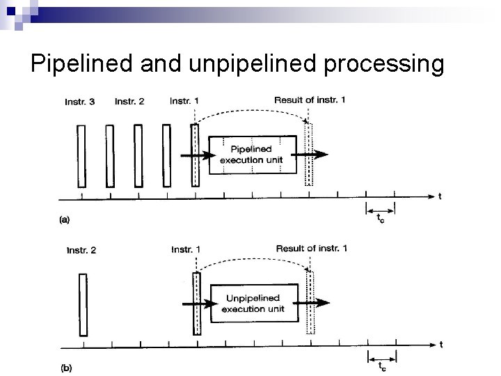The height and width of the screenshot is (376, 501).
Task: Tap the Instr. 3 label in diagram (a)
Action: [79, 102]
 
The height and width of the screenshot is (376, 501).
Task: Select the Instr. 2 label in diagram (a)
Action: [129, 102]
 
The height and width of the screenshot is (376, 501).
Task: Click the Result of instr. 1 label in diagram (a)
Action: [310, 100]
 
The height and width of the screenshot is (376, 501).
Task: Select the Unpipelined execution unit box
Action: [255, 304]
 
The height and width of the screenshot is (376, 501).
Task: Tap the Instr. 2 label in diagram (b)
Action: [81, 250]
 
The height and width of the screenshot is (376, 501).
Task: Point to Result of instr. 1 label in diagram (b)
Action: [312, 249]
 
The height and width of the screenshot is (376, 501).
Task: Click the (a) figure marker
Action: [65, 219]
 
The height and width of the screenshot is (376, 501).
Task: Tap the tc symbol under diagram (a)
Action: [380, 219]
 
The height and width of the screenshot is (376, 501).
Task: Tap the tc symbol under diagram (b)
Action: [382, 366]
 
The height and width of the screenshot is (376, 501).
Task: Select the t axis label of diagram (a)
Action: [440, 196]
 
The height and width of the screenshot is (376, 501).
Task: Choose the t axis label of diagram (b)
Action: [440, 344]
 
